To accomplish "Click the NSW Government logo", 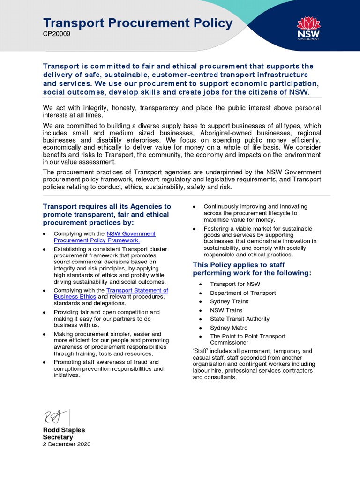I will [308, 28].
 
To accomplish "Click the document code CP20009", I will [57, 35].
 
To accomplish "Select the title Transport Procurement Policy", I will [137, 23].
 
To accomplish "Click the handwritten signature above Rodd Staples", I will [52, 416].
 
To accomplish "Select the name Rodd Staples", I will [64, 430].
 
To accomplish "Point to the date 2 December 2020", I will [67, 444].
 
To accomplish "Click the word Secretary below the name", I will [59, 437].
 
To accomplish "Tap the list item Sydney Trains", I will [229, 301].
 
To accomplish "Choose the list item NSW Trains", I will [226, 310].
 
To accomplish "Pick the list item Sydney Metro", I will [229, 328].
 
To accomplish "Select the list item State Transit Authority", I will [240, 319].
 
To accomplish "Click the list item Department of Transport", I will [243, 293].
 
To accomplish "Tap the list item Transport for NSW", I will [235, 284].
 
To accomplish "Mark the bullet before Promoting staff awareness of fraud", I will [44, 363].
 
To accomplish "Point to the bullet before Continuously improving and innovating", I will [194, 207].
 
